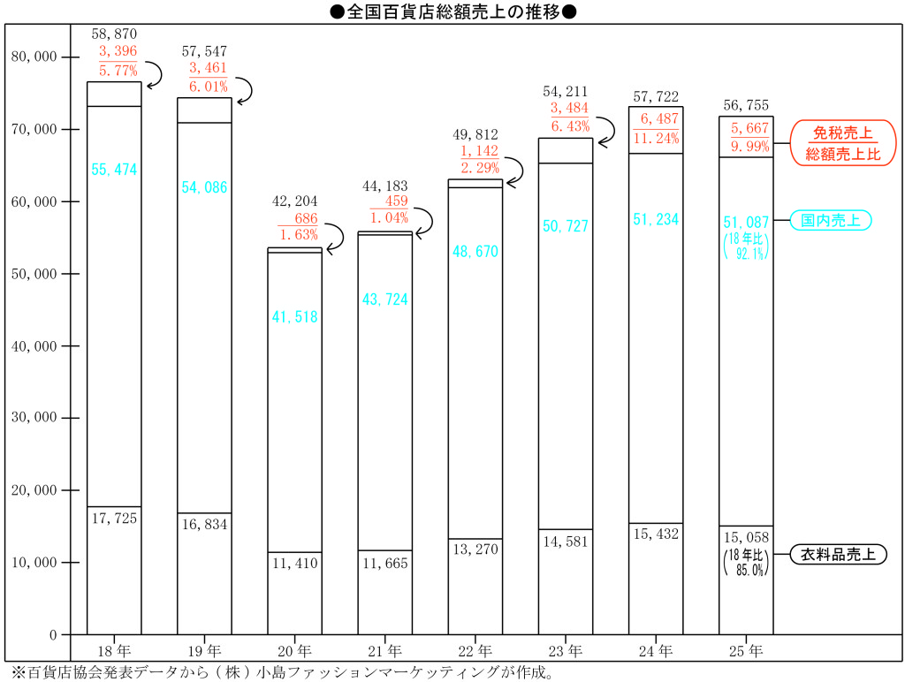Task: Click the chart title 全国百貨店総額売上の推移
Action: click(453, 11)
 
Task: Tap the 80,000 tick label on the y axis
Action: click(34, 57)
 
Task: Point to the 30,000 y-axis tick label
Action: click(34, 417)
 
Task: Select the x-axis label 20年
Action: click(294, 651)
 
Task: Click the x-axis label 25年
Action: click(746, 651)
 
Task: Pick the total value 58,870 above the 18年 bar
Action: click(114, 34)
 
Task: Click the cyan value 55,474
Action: click(114, 170)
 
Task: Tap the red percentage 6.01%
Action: click(209, 87)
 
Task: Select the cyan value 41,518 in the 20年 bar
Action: click(295, 317)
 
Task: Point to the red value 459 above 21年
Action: click(397, 201)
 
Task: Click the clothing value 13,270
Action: click(475, 549)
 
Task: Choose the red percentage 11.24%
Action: click(657, 139)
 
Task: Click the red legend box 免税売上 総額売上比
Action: click(843, 143)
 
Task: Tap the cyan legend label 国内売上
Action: click(831, 220)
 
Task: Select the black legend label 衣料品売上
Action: click(838, 555)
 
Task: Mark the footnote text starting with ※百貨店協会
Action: click(283, 673)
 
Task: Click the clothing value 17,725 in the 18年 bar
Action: click(114, 519)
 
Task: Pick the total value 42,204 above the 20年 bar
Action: click(295, 201)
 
